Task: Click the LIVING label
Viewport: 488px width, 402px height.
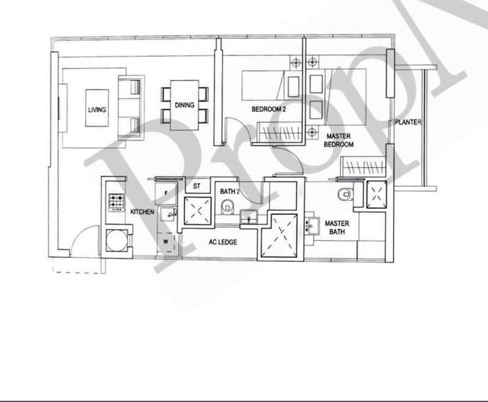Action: point(97,110)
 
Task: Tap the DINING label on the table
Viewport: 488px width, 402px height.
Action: point(184,105)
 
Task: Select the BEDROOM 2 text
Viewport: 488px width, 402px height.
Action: point(269,110)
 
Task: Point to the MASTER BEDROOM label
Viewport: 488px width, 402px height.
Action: point(340,141)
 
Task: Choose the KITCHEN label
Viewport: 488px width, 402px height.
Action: point(142,212)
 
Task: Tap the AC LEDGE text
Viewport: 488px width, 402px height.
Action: point(223,242)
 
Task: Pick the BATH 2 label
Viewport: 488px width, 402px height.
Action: point(229,192)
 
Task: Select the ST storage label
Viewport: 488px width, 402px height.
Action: point(197,186)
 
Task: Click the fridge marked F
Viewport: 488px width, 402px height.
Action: point(166,192)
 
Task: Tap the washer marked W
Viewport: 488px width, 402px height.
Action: point(166,242)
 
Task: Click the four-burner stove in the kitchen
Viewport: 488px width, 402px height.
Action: point(116,201)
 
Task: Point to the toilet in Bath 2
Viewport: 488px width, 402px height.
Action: point(228,208)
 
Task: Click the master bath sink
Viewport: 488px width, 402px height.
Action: point(311,226)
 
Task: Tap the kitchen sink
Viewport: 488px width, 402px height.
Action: point(167,214)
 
